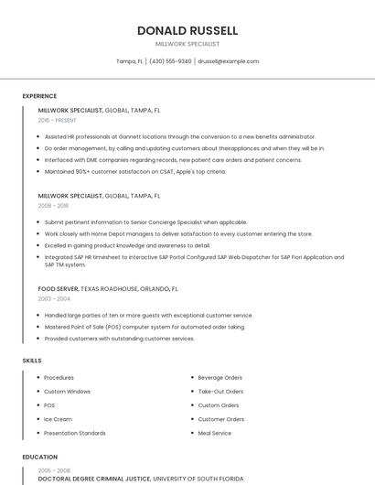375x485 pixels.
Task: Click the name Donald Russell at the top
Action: [x=187, y=30]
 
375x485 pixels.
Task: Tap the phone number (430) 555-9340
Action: [x=170, y=61]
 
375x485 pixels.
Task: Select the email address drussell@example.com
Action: [x=229, y=61]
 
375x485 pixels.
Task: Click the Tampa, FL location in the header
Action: [x=130, y=61]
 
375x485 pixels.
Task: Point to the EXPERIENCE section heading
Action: [x=39, y=96]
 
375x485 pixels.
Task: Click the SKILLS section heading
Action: [x=32, y=361]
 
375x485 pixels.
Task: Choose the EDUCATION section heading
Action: [x=40, y=457]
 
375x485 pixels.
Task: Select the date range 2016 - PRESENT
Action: [x=58, y=120]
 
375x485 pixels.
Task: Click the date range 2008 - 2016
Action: [x=53, y=206]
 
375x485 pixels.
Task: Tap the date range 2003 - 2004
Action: [x=53, y=298]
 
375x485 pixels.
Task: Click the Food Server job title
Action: [x=59, y=288]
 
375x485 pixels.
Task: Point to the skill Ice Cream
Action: [x=57, y=419]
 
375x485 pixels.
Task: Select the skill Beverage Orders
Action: [x=220, y=378]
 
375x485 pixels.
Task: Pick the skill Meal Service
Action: [x=215, y=433]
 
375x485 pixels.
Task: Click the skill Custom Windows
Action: [x=67, y=392]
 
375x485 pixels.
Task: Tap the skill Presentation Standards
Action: [x=75, y=433]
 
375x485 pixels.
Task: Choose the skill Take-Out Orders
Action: [x=220, y=392]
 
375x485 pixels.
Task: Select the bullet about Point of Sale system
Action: [x=145, y=327]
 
